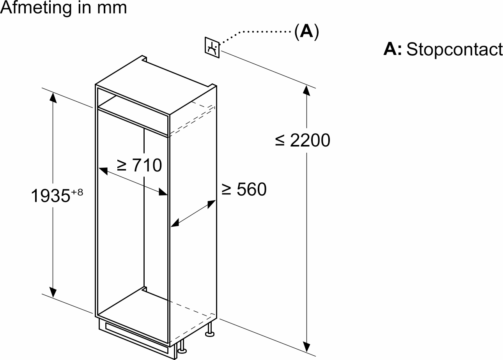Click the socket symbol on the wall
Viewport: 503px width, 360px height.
pyautogui.click(x=212, y=48)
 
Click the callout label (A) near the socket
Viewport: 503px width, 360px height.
pyautogui.click(x=306, y=32)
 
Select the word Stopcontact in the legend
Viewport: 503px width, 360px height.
pyautogui.click(x=454, y=49)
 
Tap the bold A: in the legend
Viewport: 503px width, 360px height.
pyautogui.click(x=392, y=49)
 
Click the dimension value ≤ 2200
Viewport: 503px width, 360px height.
pyautogui.click(x=303, y=140)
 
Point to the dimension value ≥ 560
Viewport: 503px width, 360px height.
pyautogui.click(x=244, y=189)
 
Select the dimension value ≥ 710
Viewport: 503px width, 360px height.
pyautogui.click(x=139, y=165)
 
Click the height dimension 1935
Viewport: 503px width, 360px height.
pyautogui.click(x=50, y=196)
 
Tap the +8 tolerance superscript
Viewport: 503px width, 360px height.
pyautogui.click(x=77, y=192)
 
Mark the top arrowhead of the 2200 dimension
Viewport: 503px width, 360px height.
pyautogui.click(x=307, y=90)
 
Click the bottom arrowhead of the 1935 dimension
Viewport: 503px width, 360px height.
pyautogui.click(x=53, y=292)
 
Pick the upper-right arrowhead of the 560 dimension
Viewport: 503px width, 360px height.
pyautogui.click(x=212, y=203)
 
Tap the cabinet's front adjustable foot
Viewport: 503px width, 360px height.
pyautogui.click(x=181, y=349)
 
